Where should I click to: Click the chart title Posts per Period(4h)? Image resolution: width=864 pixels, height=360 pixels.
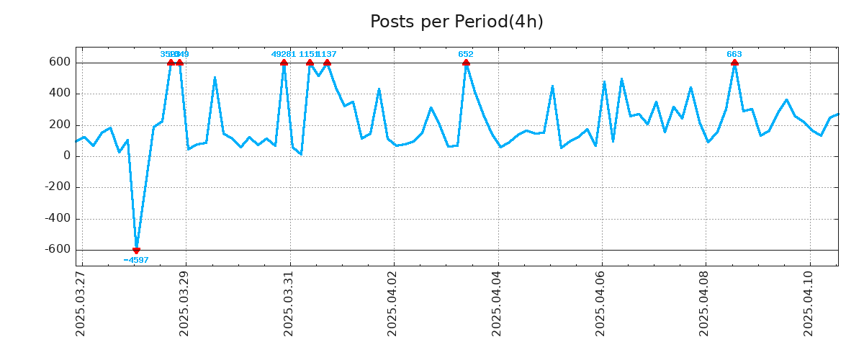(456, 22)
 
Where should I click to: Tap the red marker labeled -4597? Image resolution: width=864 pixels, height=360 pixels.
(136, 250)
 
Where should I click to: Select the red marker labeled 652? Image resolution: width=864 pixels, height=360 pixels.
(466, 63)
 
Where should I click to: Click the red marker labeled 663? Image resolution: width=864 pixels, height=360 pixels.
(734, 63)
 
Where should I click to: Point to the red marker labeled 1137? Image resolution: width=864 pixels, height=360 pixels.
(327, 63)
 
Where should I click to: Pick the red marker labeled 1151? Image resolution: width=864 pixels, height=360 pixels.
(310, 63)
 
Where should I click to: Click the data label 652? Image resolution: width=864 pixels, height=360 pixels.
(466, 54)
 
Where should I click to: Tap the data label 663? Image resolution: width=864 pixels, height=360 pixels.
(734, 54)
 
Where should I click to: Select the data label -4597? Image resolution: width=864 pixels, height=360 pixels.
(136, 260)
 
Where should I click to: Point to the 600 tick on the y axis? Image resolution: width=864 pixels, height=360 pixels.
(60, 63)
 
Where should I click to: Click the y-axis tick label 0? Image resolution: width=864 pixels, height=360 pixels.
(67, 156)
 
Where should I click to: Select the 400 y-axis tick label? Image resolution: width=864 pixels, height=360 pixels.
(60, 94)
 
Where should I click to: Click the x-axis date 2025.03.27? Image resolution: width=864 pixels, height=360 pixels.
(81, 302)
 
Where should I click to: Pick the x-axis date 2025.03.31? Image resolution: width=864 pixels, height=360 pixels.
(289, 302)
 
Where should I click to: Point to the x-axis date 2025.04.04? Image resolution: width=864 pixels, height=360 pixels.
(498, 302)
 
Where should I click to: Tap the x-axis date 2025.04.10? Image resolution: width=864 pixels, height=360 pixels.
(809, 302)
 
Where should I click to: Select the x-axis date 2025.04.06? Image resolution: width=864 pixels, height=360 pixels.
(601, 302)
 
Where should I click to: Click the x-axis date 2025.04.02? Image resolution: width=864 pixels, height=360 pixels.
(393, 302)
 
